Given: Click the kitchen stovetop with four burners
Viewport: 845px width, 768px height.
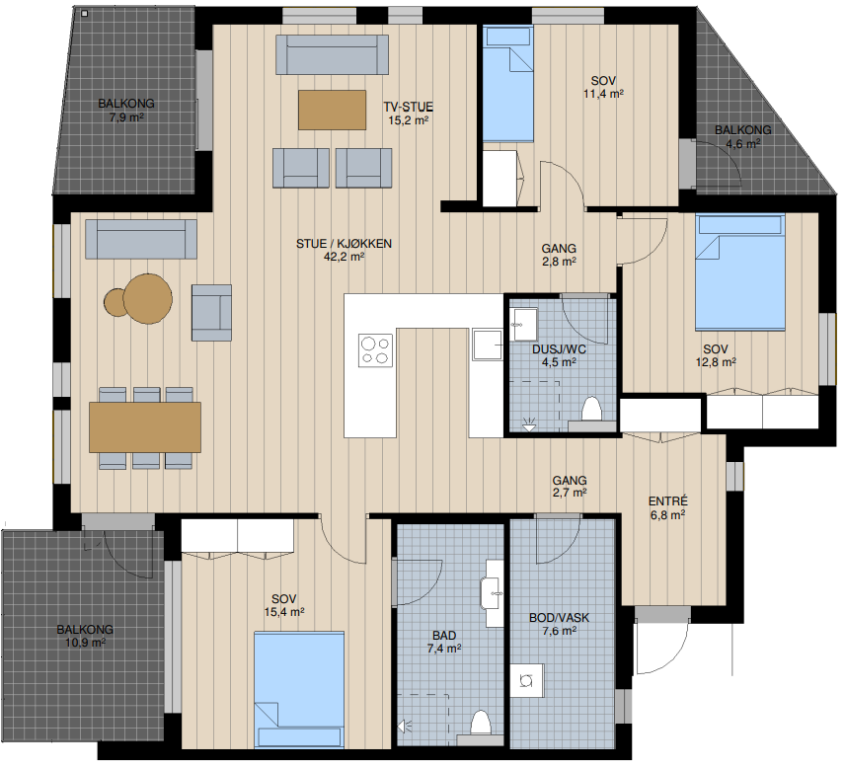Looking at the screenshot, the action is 376,350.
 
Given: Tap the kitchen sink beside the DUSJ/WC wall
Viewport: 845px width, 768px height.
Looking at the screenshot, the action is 488,345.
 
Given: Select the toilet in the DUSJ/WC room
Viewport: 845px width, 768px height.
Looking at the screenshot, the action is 591,409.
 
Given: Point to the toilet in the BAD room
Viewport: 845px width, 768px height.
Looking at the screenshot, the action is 480,723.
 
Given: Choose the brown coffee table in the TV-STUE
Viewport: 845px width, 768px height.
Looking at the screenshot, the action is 332,110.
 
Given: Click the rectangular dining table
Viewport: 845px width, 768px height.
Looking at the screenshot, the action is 145,426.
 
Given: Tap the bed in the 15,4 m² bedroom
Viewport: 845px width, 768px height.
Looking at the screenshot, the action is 299,690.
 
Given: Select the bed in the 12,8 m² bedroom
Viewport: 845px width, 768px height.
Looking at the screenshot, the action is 740,271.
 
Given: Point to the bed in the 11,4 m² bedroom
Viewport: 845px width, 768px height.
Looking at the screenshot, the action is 507,84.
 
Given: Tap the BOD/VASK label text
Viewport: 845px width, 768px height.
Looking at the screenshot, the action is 560,618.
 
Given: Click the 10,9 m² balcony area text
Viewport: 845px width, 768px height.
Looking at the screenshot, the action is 85,643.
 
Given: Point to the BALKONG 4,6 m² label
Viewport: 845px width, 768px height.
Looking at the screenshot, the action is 743,136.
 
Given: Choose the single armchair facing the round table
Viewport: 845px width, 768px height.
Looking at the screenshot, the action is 212,313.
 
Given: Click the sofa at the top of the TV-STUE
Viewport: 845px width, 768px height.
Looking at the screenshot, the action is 332,54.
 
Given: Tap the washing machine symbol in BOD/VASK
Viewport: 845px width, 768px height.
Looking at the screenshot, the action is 527,681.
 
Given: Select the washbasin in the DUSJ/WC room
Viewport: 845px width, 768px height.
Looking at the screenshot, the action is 524,325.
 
